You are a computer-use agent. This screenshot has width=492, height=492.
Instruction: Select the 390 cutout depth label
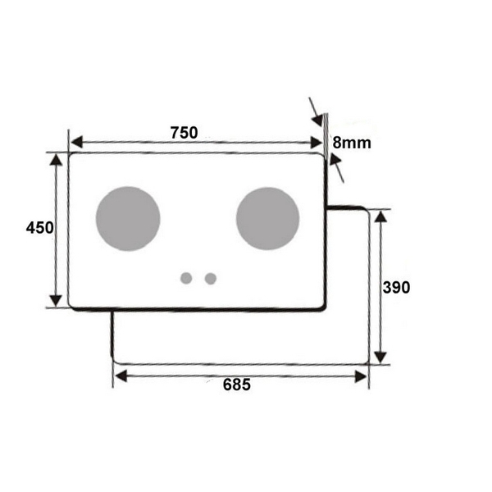pos(397,287)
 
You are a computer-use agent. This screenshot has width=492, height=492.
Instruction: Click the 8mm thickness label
pos(352,143)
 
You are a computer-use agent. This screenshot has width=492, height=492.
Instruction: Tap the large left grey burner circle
pos(128,219)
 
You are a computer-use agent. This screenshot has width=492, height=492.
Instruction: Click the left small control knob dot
pos(186,278)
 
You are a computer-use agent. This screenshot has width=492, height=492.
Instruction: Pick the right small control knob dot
pos(211,278)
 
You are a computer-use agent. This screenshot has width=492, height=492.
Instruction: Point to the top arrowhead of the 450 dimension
pos(56,159)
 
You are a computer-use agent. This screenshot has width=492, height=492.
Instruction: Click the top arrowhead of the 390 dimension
pos(379,216)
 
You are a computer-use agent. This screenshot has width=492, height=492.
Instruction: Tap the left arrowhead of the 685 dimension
pos(120,376)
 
